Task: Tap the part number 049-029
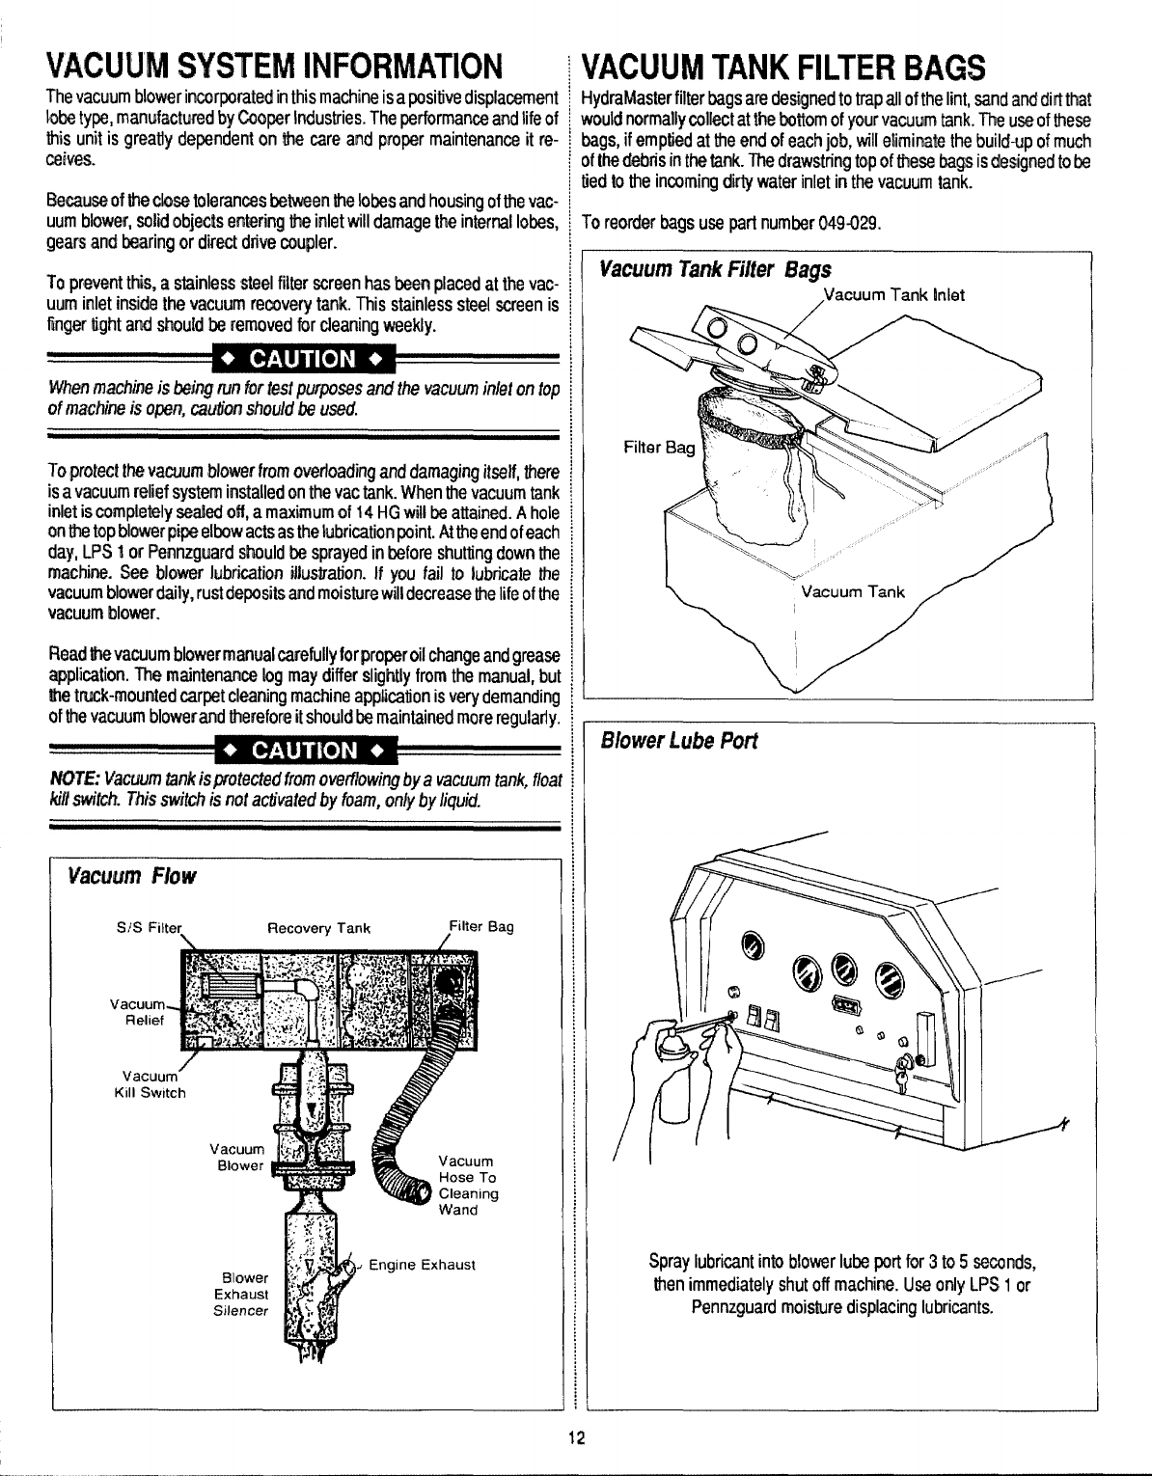pos(848,224)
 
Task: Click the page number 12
pos(576,1438)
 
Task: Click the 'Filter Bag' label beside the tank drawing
pos(659,448)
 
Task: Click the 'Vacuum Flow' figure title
pos(129,876)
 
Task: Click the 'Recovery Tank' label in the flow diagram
pos(318,928)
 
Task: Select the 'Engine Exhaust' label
pos(424,1264)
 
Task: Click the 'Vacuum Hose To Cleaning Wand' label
pos(468,1185)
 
